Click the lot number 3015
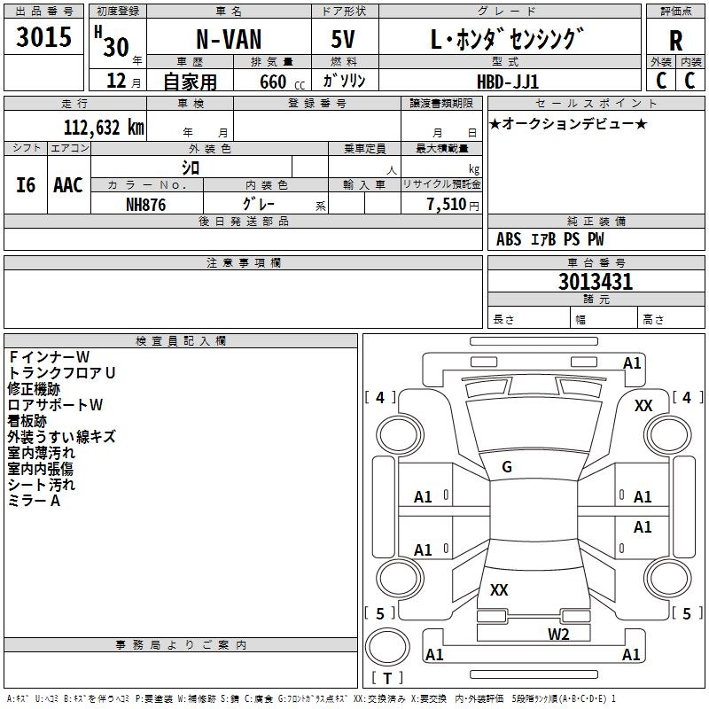click(x=43, y=36)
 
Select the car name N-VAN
click(x=229, y=39)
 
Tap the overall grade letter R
click(x=675, y=41)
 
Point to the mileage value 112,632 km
click(x=104, y=127)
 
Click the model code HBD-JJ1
click(x=508, y=82)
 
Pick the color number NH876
click(x=145, y=205)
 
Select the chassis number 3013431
click(x=596, y=282)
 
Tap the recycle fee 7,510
click(x=447, y=204)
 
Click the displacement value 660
click(x=273, y=82)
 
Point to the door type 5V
click(x=343, y=39)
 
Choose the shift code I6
click(x=26, y=185)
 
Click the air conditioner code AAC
click(x=68, y=185)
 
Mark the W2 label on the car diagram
click(x=558, y=634)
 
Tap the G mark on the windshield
click(x=507, y=467)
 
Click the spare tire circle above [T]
click(x=387, y=647)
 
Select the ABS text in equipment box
click(x=509, y=239)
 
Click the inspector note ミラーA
click(x=34, y=501)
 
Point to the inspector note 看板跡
click(x=27, y=421)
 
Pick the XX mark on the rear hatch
click(x=499, y=589)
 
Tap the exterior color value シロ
click(x=191, y=168)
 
